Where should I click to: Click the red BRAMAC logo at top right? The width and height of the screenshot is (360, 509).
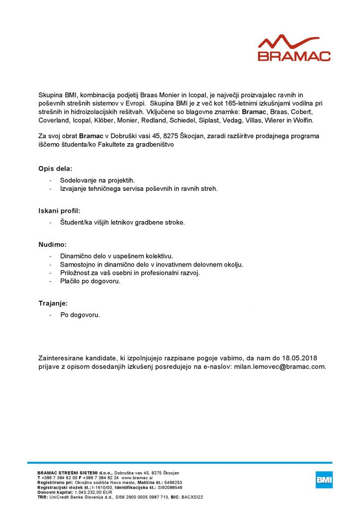(x=294, y=48)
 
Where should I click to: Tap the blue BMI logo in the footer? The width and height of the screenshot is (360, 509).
(x=324, y=480)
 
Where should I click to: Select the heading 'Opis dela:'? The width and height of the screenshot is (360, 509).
(x=56, y=169)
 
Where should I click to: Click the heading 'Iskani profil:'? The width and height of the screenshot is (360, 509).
(x=59, y=211)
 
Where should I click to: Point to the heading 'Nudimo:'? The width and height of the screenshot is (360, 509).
(x=53, y=245)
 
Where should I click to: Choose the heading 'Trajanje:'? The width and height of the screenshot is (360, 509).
(x=53, y=303)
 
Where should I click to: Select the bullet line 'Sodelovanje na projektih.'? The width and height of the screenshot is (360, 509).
(x=97, y=180)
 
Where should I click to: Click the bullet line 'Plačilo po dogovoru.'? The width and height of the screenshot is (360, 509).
(x=90, y=281)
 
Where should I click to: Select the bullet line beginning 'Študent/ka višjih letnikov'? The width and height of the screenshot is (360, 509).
(x=122, y=222)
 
